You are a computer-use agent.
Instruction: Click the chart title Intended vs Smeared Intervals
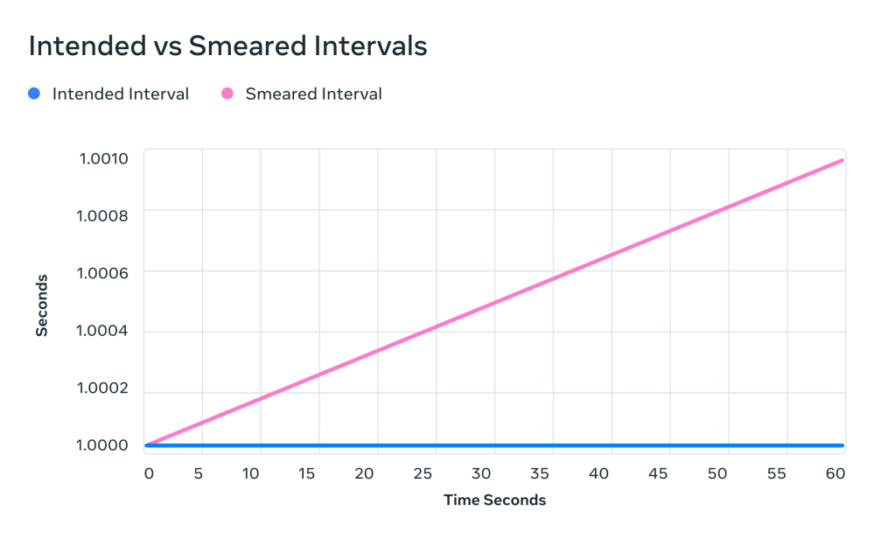(227, 46)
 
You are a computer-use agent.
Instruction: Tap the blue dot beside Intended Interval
(34, 94)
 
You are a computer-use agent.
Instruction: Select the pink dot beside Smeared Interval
(227, 94)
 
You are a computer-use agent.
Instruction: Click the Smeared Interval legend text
(313, 94)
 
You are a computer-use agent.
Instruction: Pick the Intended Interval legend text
(121, 94)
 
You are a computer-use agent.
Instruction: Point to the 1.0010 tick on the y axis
(103, 158)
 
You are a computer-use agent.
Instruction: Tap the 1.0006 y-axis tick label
(103, 273)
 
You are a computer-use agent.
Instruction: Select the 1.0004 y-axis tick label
(103, 331)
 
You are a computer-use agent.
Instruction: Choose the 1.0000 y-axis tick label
(103, 444)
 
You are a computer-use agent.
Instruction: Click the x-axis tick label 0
(149, 473)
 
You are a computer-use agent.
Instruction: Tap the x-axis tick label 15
(306, 473)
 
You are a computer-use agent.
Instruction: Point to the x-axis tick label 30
(482, 473)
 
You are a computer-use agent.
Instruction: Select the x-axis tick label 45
(658, 473)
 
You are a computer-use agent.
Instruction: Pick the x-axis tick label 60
(836, 473)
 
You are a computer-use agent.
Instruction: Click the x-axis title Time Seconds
(494, 500)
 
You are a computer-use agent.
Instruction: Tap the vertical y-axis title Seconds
(41, 304)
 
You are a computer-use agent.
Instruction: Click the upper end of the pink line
(842, 160)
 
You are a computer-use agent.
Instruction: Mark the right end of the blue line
(842, 445)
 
